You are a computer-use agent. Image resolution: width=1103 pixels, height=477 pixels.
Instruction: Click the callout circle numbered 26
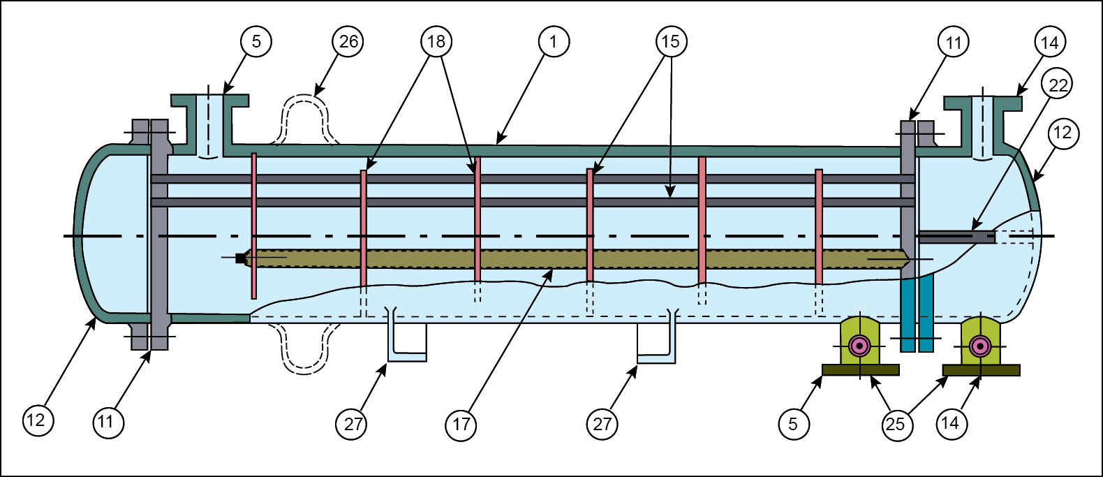(348, 42)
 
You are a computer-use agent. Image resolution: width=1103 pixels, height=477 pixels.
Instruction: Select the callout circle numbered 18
(436, 42)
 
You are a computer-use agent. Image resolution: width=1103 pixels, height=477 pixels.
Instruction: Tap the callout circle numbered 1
(554, 42)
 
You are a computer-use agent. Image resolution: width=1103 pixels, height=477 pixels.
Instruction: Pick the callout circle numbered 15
(671, 42)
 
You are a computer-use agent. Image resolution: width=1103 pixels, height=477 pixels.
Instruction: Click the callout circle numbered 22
(1058, 85)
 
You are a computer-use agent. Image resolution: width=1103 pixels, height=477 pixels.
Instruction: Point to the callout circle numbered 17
(461, 425)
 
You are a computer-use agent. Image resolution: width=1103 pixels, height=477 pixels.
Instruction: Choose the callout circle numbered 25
(896, 425)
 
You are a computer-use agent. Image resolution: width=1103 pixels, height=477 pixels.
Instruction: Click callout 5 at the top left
(256, 42)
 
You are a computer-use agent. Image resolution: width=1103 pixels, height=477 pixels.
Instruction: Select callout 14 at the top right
(1049, 43)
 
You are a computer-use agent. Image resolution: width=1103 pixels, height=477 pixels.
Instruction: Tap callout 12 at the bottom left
(37, 420)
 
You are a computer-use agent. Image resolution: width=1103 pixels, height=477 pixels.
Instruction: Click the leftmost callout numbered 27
(353, 425)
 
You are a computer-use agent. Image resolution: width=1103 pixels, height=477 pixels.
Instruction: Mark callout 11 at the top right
(954, 43)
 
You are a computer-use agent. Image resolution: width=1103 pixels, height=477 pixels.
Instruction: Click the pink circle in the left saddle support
(859, 346)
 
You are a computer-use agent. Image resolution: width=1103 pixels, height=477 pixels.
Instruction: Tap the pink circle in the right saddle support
(981, 346)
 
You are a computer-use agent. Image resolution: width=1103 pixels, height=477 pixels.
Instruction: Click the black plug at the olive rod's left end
(240, 258)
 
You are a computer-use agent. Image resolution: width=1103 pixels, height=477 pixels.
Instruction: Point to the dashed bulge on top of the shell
(304, 119)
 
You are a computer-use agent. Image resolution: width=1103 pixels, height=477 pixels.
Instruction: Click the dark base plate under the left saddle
(860, 369)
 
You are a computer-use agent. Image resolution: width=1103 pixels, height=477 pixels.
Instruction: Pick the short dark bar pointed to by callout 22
(956, 237)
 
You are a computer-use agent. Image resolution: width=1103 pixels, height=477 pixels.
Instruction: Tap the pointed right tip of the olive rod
(905, 258)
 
